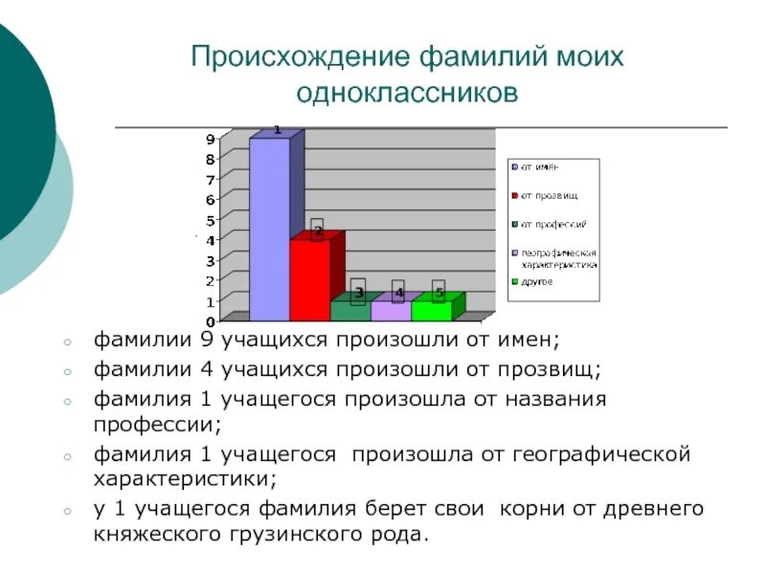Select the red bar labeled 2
click(309, 279)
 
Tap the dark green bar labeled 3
click(349, 310)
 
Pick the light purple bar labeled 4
click(390, 310)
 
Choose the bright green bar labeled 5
click(430, 310)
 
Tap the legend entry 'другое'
click(536, 282)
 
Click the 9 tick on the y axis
click(210, 140)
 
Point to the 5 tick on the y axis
click(210, 219)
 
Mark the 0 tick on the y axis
click(210, 321)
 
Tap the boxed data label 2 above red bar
click(317, 230)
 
